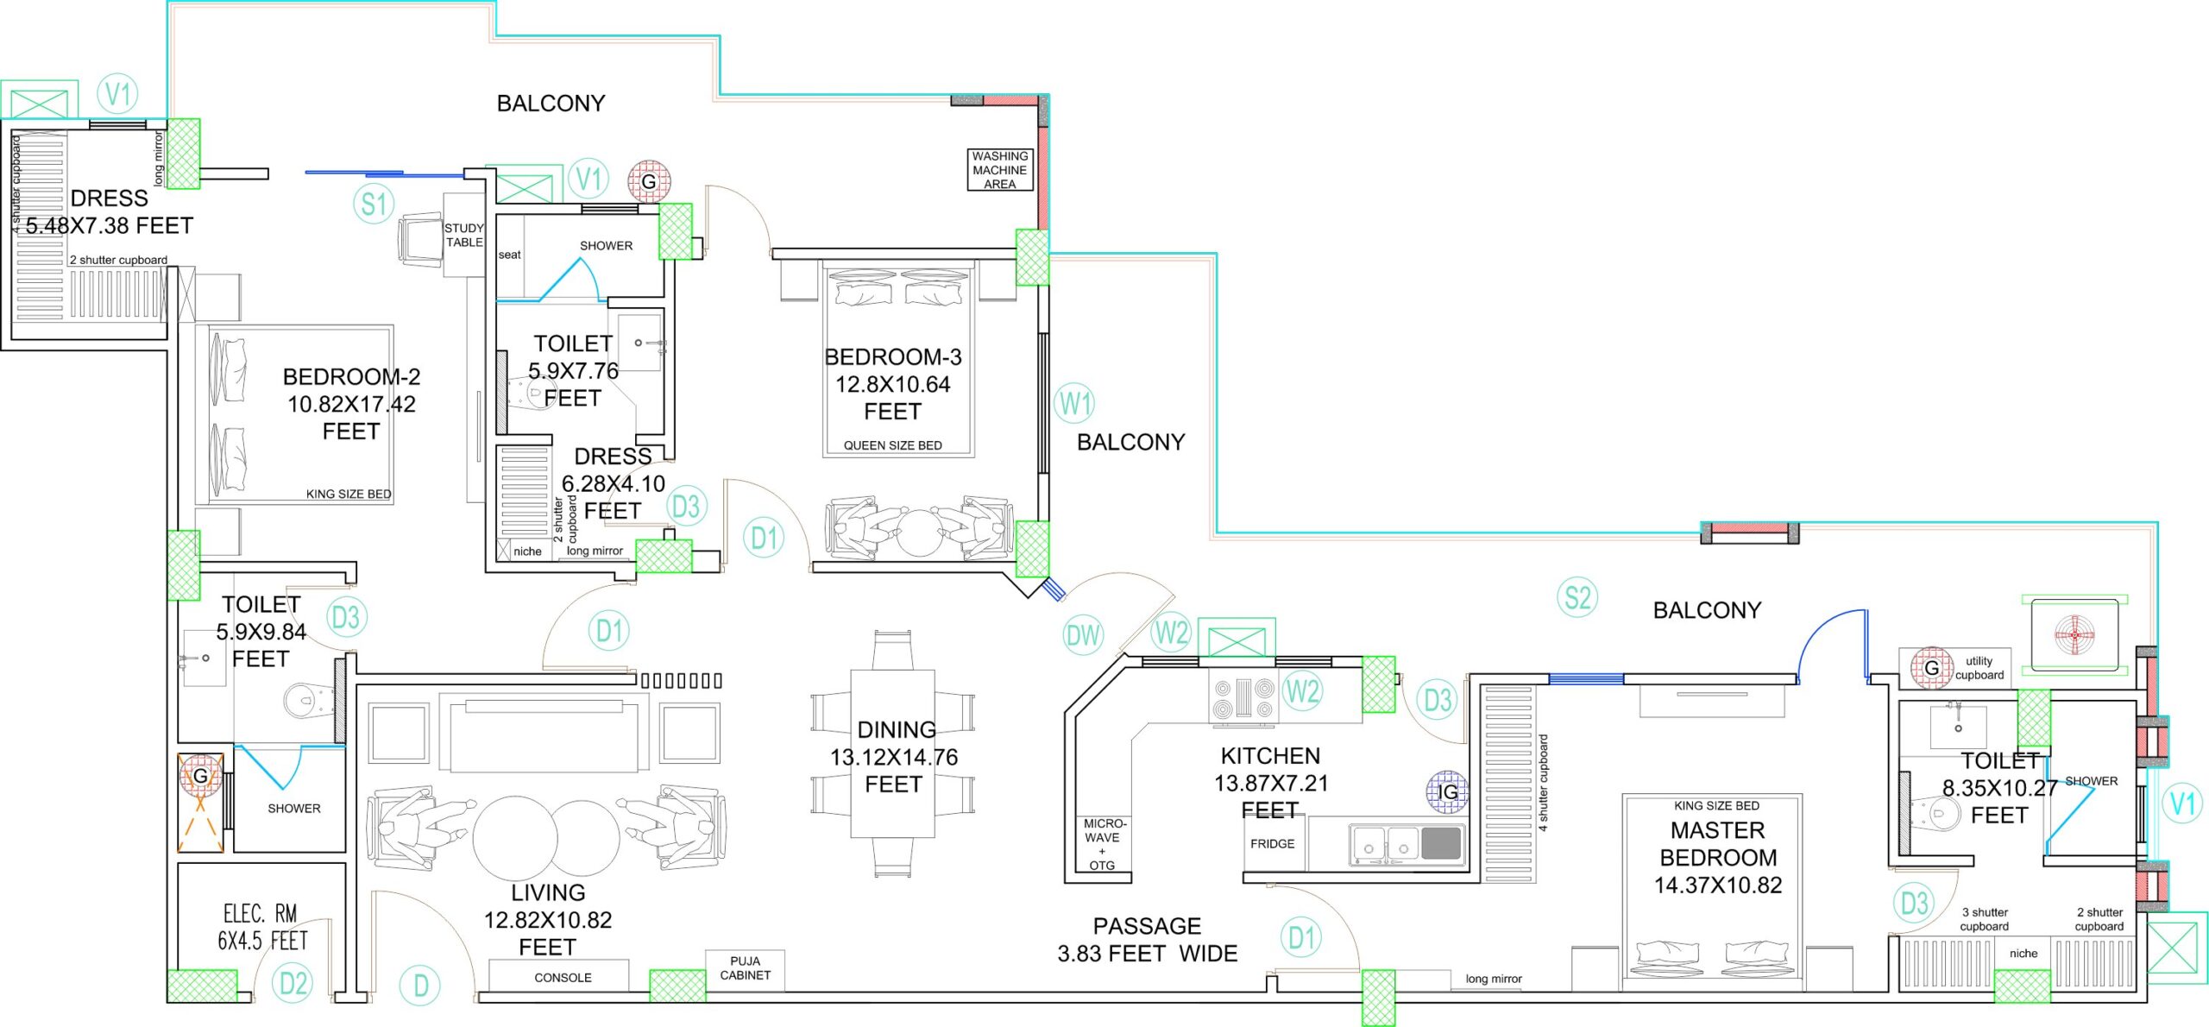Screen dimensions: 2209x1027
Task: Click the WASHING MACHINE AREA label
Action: point(999,170)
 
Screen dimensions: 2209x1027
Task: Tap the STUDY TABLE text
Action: point(464,235)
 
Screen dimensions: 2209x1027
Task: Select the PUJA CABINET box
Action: point(745,968)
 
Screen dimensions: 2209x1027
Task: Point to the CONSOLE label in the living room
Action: point(563,978)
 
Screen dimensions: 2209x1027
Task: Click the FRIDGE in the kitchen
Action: point(1273,844)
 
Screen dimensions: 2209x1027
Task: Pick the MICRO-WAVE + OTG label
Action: point(1104,844)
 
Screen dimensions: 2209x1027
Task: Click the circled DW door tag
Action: point(1083,636)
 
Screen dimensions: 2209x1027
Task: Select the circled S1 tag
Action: point(374,205)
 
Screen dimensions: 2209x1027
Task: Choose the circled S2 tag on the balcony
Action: point(1577,597)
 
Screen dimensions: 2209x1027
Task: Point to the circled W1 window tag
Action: point(1075,403)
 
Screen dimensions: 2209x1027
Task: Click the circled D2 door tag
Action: point(293,983)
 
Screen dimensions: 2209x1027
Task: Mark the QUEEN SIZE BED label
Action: point(892,445)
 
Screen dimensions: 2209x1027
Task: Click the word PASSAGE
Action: point(1147,926)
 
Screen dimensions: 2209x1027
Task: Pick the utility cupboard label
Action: point(1979,668)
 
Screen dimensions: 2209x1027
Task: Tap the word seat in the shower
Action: point(509,255)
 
